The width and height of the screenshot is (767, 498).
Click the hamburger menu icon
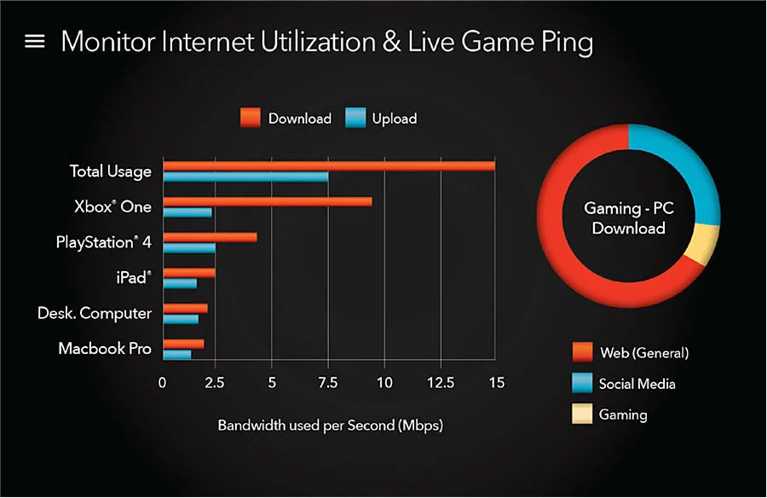(x=35, y=41)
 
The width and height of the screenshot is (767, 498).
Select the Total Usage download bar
(x=329, y=166)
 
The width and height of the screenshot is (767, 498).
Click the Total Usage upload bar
(x=245, y=177)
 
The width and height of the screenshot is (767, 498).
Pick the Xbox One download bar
(x=268, y=202)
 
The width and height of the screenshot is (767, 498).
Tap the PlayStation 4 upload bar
(x=189, y=248)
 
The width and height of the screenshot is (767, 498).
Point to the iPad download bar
(x=189, y=273)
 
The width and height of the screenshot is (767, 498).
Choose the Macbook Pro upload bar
(x=177, y=355)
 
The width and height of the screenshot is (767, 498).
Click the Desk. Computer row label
(x=95, y=314)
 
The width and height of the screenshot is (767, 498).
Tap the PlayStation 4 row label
(x=104, y=242)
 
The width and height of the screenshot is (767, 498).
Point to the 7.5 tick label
(x=328, y=382)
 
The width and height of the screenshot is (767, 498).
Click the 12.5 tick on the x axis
(x=441, y=382)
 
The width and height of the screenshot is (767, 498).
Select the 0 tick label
(x=162, y=382)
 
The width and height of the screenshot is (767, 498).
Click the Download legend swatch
(x=251, y=118)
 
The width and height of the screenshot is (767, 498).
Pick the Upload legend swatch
(x=355, y=118)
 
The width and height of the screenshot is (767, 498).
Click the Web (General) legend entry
(x=631, y=352)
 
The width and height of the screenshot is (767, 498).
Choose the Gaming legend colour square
(x=582, y=414)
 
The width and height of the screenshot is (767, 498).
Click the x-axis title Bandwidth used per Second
(x=330, y=425)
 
